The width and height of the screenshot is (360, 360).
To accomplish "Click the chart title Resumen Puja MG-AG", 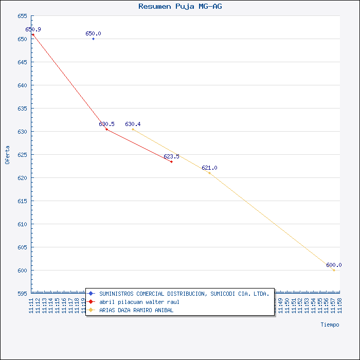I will coord(181,6).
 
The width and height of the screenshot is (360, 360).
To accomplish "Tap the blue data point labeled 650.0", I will coord(93,39).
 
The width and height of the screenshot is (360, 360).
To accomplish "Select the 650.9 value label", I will coord(33,29).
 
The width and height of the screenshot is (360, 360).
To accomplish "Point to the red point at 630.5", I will coord(106,129).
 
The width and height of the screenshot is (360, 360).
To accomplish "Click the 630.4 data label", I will coord(133,124).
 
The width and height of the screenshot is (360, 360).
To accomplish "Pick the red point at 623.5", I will coord(171,161).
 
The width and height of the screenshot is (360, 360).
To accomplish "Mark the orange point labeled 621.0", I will coord(209,173).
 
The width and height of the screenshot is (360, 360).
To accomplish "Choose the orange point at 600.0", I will coord(334,270).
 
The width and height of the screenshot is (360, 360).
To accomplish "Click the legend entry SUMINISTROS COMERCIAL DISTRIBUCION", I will coord(184,294).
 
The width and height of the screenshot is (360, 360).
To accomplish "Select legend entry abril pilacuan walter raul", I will coord(139,302).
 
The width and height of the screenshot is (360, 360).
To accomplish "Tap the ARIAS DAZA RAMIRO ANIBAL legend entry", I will coord(136,310).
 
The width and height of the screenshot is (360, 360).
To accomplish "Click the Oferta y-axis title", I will coord(7,155).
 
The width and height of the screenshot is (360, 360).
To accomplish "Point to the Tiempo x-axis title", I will coord(330,325).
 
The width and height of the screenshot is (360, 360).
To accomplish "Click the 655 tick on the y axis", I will coord(22,16).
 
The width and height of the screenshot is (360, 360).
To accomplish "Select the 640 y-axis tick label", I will coord(22,85).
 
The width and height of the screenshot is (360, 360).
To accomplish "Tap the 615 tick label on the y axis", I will coord(22,201).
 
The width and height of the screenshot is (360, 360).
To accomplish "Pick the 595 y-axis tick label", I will coord(22,294).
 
